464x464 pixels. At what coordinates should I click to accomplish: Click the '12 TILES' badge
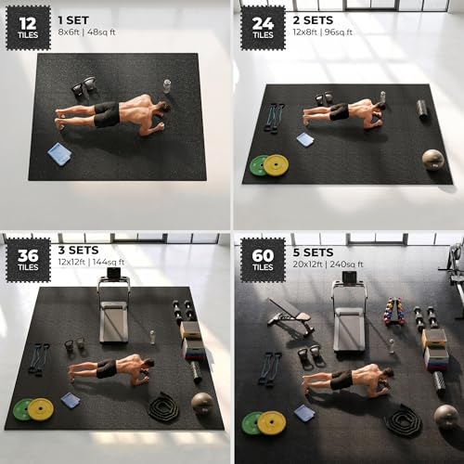pos(29,28)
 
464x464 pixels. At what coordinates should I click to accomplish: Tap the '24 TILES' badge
pos(263,28)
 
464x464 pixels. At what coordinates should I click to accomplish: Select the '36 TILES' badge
pos(29,260)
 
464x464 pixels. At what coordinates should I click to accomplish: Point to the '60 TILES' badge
pos(263,260)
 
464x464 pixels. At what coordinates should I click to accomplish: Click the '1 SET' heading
pos(73,20)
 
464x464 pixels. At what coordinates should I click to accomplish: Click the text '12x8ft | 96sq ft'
pos(322,32)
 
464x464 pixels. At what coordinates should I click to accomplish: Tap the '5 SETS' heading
pos(313,252)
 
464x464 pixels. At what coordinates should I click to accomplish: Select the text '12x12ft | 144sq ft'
pos(91,263)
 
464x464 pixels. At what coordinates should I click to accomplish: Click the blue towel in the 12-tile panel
pos(59,154)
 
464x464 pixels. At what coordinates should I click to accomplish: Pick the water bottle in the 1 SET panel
pos(167,86)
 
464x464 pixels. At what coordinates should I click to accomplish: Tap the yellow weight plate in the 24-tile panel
pos(277,165)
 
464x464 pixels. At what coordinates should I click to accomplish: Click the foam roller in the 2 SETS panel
pos(423,110)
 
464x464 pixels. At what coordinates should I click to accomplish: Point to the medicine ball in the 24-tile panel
pos(433,160)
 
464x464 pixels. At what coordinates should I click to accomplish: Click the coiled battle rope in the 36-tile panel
pos(163,407)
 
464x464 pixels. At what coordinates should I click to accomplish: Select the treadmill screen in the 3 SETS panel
pos(113,273)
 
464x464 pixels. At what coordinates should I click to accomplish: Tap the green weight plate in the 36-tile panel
pos(22,409)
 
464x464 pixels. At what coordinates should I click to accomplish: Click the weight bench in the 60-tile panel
pos(290,317)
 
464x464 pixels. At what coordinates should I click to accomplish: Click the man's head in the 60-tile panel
pos(387,373)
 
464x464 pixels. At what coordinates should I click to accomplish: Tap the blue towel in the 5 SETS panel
pos(304,413)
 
